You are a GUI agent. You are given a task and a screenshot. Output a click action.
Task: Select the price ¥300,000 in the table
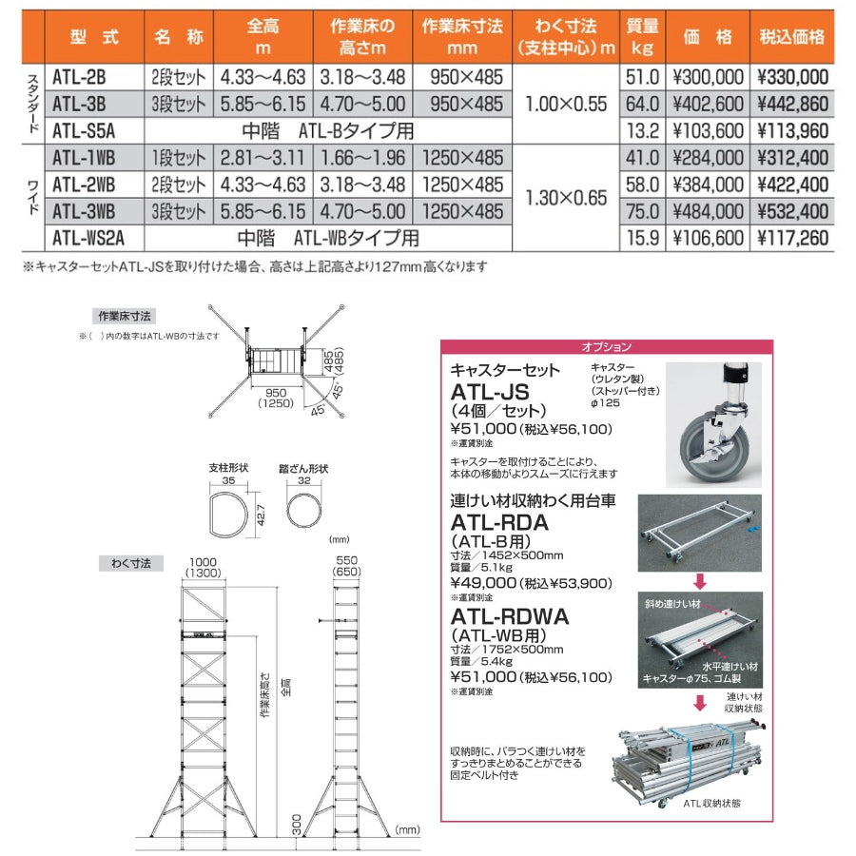click(707, 77)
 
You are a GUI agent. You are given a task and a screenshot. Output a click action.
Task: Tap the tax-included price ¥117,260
click(792, 238)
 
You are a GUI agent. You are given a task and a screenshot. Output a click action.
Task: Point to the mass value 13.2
click(642, 130)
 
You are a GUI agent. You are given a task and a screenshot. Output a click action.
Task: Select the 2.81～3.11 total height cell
click(263, 158)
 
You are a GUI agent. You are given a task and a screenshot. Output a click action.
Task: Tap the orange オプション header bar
click(606, 347)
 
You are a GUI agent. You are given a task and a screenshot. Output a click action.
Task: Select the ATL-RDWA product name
click(509, 616)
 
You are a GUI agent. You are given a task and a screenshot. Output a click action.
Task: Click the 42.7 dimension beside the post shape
click(259, 515)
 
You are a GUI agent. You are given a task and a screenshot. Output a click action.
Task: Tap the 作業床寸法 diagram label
click(125, 314)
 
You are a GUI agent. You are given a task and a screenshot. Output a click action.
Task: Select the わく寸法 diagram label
click(125, 564)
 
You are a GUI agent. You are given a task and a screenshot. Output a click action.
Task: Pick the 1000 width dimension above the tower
click(201, 561)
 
